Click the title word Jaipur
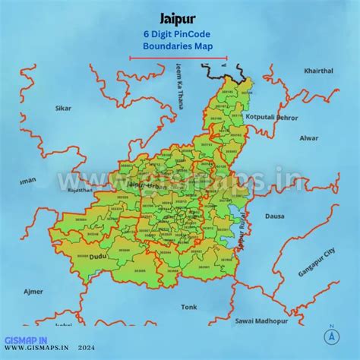(180, 17)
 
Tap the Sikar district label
(63, 109)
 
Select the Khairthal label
(318, 71)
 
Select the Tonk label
(188, 307)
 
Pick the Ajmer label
(33, 292)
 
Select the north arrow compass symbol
(331, 335)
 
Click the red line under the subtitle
(178, 58)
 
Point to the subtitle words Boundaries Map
(179, 46)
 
